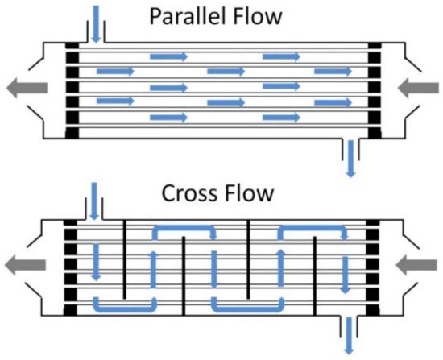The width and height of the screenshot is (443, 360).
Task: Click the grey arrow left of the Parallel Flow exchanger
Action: coord(24,89)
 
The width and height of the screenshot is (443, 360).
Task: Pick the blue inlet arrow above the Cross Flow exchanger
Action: coord(97,202)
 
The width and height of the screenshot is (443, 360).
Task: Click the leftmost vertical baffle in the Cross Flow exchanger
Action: coord(125,257)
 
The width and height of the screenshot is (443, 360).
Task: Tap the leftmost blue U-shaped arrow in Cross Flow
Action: coord(125,307)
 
